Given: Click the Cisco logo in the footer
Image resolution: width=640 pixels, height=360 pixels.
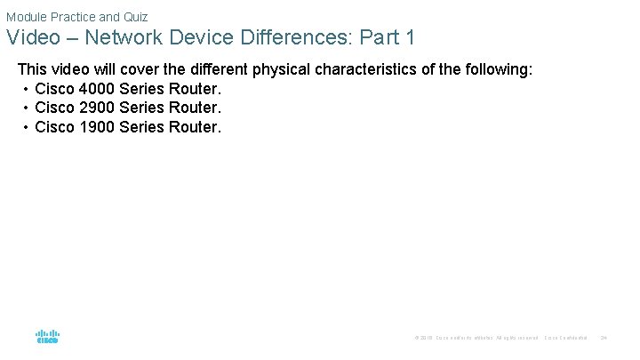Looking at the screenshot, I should click(47, 337).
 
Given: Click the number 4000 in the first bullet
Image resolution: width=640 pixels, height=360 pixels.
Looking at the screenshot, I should click(96, 88).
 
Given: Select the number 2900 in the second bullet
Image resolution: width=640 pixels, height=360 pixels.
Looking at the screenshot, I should click(96, 108).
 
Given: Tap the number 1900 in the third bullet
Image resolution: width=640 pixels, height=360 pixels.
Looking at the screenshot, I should click(96, 126).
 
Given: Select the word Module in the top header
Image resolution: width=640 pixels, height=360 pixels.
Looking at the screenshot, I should click(27, 16).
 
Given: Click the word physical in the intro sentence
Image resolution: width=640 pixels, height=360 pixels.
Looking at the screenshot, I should click(263, 68).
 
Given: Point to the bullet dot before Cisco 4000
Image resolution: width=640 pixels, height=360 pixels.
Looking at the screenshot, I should click(26, 89).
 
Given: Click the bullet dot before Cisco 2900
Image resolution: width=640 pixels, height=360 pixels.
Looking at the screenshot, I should click(26, 108).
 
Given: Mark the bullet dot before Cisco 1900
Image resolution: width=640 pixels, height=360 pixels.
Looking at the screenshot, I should click(26, 127).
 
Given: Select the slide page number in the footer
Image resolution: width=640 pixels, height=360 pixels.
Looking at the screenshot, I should click(604, 338).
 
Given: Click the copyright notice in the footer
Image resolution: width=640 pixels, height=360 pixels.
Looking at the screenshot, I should click(476, 338).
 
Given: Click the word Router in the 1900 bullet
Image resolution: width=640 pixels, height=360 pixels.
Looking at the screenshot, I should click(196, 126).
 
